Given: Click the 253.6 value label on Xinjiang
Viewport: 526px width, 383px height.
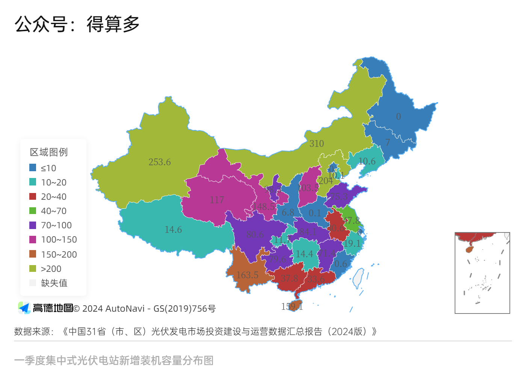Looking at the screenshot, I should [x=159, y=162].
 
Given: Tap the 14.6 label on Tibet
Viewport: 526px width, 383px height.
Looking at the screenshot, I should [x=173, y=229].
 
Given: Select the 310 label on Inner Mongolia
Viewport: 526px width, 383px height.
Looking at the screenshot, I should [x=316, y=143].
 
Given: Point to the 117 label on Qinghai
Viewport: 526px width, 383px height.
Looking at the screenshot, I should [x=217, y=200].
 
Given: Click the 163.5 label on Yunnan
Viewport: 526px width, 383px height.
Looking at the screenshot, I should [x=247, y=275].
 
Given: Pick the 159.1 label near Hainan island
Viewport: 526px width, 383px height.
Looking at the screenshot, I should [x=292, y=306].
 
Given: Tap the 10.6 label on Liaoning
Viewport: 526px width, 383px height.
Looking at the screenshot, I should [x=367, y=161].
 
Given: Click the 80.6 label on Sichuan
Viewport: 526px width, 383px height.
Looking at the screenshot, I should [x=255, y=235].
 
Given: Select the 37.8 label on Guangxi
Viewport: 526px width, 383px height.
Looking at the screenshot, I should [x=289, y=278].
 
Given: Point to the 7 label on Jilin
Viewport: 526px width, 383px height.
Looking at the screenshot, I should [x=387, y=142].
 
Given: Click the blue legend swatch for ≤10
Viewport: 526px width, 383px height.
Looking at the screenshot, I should [x=33, y=167].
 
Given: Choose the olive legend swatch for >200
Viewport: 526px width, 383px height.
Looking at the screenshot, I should [x=33, y=268].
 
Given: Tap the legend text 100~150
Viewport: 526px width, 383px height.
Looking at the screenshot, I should [x=59, y=240].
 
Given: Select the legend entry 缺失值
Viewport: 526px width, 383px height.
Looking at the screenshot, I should [x=54, y=283].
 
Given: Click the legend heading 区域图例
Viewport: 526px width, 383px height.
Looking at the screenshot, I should [x=49, y=152].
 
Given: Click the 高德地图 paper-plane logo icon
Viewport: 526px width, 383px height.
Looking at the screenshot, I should [x=24, y=308].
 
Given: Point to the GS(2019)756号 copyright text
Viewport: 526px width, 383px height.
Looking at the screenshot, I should [x=184, y=309].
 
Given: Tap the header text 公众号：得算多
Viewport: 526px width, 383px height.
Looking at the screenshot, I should [x=77, y=24].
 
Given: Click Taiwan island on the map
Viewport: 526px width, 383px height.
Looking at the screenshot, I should [x=358, y=277].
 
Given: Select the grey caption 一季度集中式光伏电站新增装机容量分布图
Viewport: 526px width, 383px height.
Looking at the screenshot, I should [x=114, y=360].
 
